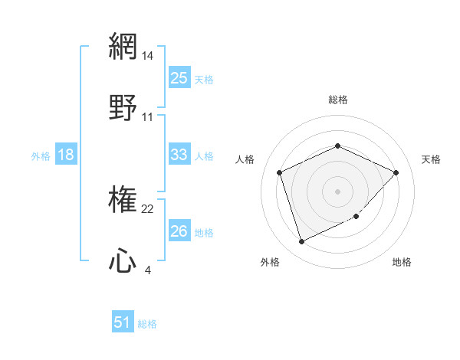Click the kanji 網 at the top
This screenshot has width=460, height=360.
123,46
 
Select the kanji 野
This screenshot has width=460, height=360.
123,106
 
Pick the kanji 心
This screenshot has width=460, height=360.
123,261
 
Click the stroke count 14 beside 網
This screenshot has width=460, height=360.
148,56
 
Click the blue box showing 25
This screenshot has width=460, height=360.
179,78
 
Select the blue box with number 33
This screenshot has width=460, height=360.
179,155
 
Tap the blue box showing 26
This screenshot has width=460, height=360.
179,231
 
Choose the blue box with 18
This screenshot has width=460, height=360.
66,155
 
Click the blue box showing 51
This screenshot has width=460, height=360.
123,322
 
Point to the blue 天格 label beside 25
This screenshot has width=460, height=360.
204,79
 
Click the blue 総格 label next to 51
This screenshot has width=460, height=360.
147,324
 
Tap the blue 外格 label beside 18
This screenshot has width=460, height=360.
41,155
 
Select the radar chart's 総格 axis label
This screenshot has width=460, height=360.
337,100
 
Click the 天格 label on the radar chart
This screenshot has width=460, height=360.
431,159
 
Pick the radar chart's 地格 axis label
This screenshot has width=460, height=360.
402,262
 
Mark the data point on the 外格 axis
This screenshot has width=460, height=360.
301,242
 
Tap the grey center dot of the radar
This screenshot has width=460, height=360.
337,191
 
